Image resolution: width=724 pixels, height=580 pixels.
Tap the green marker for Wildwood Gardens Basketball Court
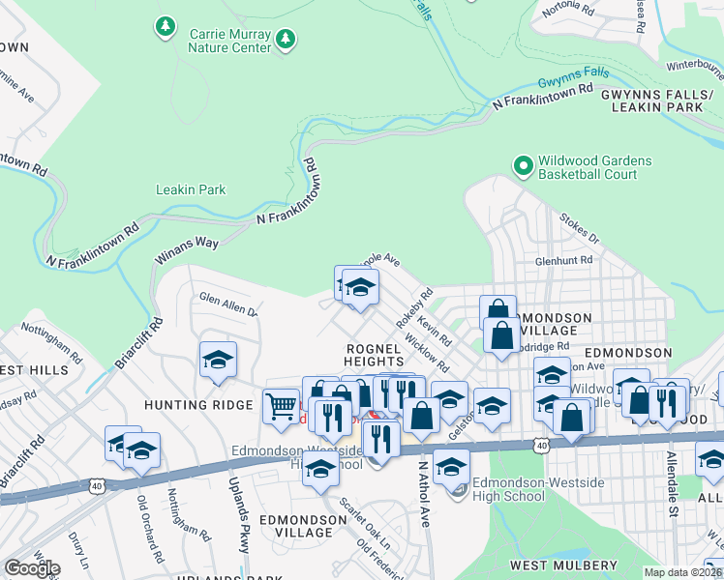(523, 167)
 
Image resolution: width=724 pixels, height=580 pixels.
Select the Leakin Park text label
(191, 189)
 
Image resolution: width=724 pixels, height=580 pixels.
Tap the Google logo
(32, 568)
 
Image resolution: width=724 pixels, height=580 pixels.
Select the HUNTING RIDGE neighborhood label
(198, 405)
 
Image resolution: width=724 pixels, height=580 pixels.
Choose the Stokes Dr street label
(581, 228)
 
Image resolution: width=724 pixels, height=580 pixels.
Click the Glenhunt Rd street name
(563, 261)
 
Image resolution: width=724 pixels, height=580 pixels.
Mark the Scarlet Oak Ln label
(355, 518)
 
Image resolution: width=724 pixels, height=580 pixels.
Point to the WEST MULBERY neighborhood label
(563, 565)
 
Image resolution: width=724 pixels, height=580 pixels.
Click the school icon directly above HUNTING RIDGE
(218, 360)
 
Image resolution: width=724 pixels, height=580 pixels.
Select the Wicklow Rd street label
(427, 355)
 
